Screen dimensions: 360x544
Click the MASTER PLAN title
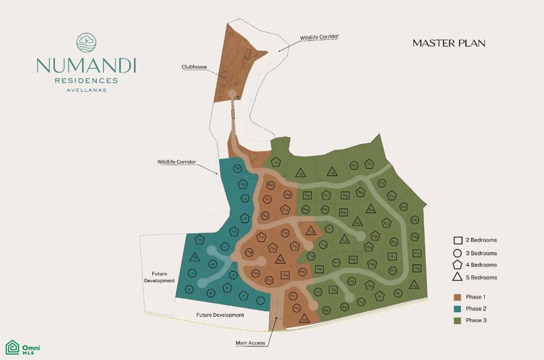point(449,43)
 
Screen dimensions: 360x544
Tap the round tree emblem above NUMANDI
point(86,43)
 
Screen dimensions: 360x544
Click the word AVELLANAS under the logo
point(86,90)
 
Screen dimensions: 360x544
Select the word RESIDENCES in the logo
point(86,81)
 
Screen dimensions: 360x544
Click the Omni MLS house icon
point(12,347)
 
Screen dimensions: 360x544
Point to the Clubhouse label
point(194,67)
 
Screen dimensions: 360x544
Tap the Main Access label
point(250,343)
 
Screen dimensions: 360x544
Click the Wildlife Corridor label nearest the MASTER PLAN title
point(319,37)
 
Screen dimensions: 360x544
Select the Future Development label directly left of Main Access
point(220,315)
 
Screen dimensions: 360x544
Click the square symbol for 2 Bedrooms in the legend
point(457,240)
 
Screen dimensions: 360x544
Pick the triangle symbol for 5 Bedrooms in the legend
point(457,277)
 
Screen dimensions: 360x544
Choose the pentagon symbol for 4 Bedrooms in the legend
point(457,264)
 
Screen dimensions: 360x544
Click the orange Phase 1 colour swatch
point(457,297)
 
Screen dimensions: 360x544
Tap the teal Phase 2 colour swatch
point(457,308)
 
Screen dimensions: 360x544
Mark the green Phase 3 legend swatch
point(457,320)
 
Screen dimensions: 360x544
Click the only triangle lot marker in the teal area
point(194,257)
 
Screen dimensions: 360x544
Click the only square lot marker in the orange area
point(286,275)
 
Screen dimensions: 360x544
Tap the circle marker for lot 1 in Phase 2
point(260,301)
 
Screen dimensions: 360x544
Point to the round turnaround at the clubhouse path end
point(232,93)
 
